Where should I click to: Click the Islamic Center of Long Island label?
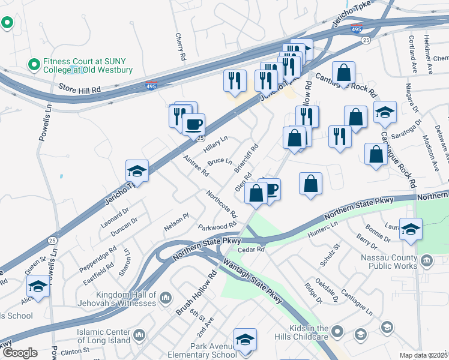tap(103, 337)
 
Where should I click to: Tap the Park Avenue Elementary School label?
tap(205, 350)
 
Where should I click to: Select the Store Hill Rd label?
tap(79, 89)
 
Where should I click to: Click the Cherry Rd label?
tap(179, 46)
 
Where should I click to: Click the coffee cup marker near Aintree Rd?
tap(193, 125)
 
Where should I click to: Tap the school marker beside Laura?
tap(411, 229)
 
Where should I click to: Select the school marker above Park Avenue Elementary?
tap(244, 340)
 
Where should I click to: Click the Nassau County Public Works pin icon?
tap(427, 260)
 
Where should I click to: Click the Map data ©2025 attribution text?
tap(423, 355)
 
